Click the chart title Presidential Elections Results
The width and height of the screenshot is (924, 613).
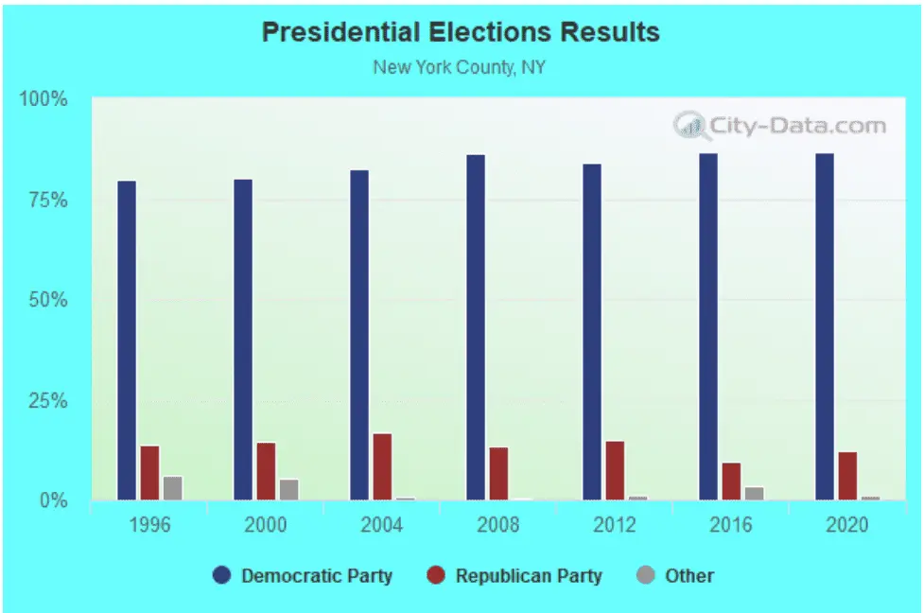[461, 31]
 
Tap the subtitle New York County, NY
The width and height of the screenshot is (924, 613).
[460, 67]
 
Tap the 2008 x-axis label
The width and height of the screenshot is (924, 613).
[497, 525]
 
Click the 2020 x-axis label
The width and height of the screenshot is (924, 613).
[846, 525]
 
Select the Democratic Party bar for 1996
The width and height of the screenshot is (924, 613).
[127, 341]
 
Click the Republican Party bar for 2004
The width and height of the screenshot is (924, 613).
[382, 466]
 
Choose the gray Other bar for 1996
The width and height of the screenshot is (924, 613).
[172, 488]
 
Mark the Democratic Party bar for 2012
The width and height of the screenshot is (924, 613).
[592, 332]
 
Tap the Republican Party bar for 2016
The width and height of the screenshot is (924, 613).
[731, 482]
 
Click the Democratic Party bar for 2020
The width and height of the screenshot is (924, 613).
[825, 326]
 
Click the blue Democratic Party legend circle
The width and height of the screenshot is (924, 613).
[221, 576]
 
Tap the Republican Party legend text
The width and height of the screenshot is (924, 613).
[528, 576]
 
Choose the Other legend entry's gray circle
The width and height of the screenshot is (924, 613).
[644, 576]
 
